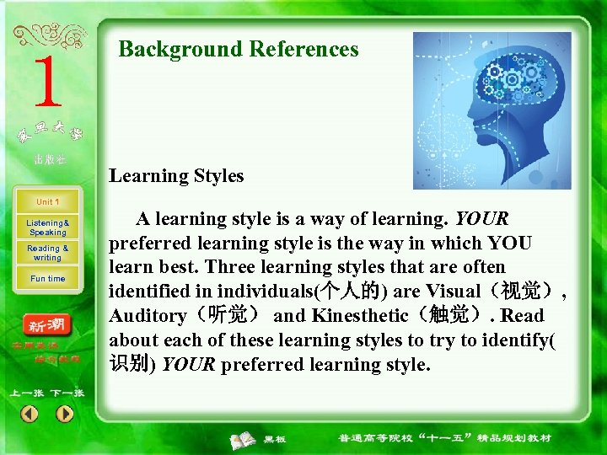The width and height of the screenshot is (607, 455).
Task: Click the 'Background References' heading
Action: click(239, 49)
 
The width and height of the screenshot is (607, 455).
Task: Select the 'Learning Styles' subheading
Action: click(176, 176)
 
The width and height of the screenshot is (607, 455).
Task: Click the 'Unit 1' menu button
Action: click(47, 202)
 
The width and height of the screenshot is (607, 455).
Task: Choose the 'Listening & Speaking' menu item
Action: click(48, 227)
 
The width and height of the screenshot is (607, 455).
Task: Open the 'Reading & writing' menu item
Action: click(48, 253)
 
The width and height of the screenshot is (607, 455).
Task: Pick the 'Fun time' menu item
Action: click(48, 279)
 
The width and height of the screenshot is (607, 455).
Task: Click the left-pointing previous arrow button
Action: click(30, 414)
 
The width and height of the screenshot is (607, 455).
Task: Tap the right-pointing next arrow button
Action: click(65, 414)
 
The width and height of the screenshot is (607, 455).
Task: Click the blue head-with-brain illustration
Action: click(492, 110)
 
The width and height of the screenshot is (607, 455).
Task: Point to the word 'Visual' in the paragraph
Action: click(454, 292)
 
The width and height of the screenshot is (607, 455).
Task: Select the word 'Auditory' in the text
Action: click(148, 316)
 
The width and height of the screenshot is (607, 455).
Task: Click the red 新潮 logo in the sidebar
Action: click(48, 326)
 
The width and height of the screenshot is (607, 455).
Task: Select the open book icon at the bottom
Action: click(244, 439)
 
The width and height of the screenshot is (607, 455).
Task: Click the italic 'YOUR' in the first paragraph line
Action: click(481, 219)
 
